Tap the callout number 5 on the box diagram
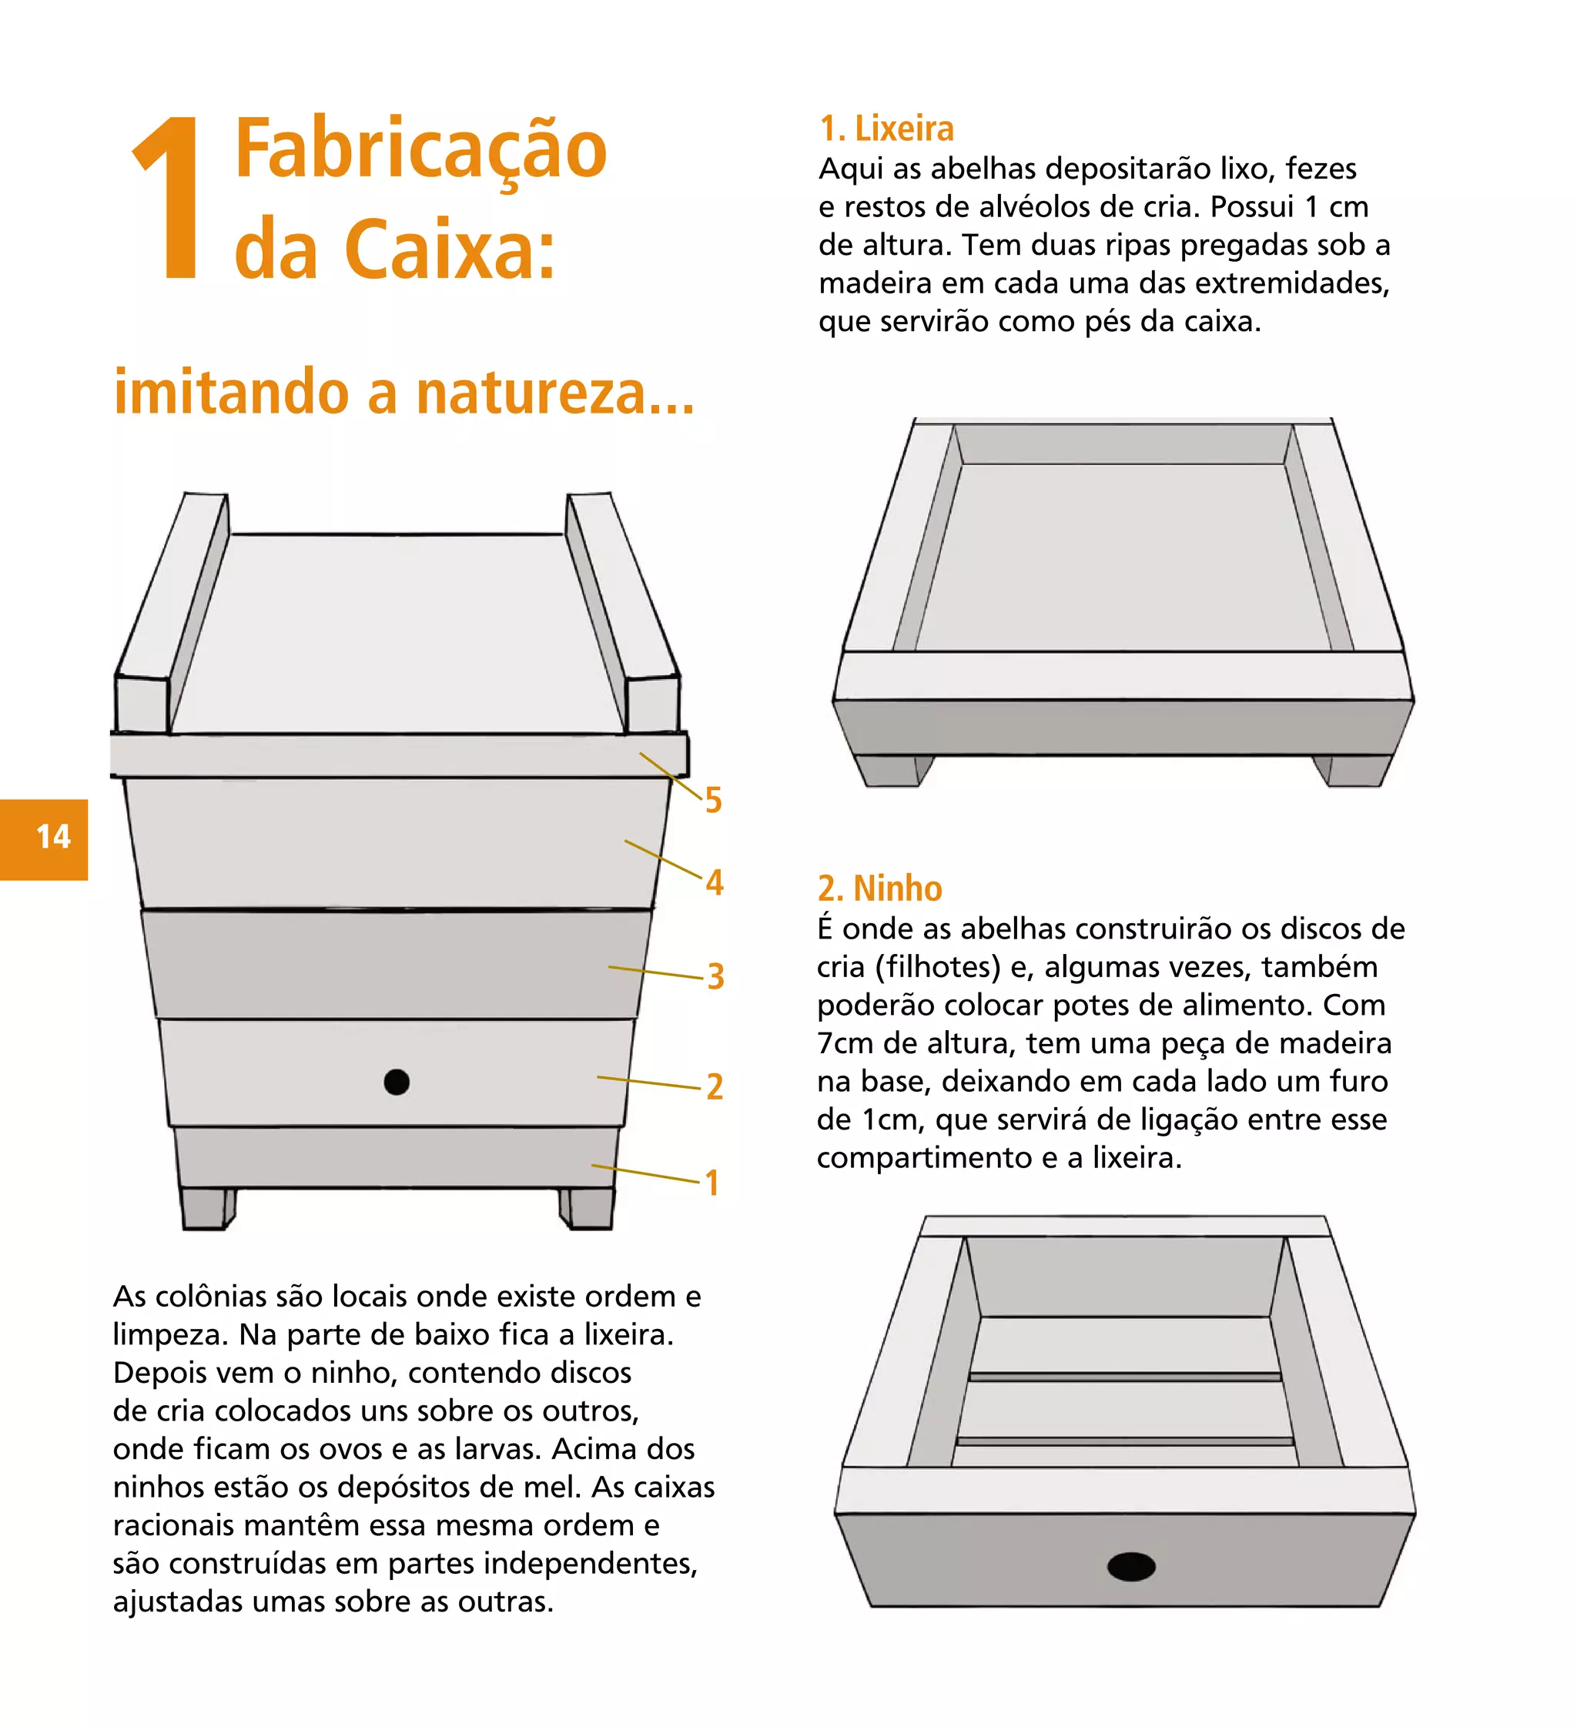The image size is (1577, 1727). pyautogui.click(x=713, y=800)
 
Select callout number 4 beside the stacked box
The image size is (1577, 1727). pyautogui.click(x=714, y=882)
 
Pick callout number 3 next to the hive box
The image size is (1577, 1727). pyautogui.click(x=715, y=976)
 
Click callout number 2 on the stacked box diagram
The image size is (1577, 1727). pyautogui.click(x=715, y=1087)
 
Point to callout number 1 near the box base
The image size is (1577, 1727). pyautogui.click(x=711, y=1183)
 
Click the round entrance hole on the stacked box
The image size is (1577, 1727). pyautogui.click(x=396, y=1082)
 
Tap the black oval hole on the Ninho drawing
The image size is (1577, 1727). pyautogui.click(x=1130, y=1566)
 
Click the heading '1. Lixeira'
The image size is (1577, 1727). pyautogui.click(x=886, y=129)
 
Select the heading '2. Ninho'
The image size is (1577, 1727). pyautogui.click(x=879, y=889)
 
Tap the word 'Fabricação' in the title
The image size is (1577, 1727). pyautogui.click(x=420, y=150)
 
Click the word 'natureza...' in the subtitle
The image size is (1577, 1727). pyautogui.click(x=555, y=393)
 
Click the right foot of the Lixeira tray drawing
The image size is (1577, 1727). pyautogui.click(x=1349, y=770)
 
